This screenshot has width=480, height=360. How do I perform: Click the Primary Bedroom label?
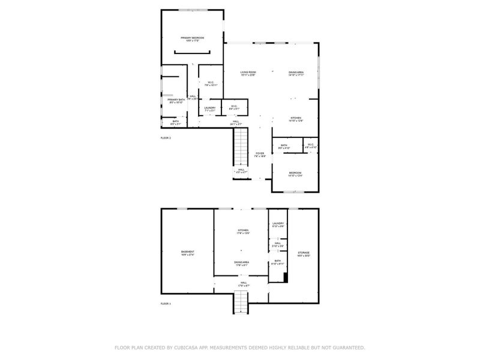tap(193, 39)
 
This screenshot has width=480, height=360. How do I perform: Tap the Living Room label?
tap(248, 73)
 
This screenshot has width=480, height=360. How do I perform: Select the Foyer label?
tap(260, 155)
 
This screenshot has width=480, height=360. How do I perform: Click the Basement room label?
tap(188, 253)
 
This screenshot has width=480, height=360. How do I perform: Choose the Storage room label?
tap(304, 254)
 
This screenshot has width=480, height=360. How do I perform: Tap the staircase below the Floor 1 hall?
tap(240, 304)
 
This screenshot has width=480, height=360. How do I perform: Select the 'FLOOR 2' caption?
tap(166, 138)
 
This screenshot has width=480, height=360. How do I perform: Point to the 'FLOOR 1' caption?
tap(166, 304)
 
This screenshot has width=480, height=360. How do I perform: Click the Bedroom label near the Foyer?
tap(295, 175)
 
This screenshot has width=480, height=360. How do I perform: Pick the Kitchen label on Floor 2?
tap(296, 119)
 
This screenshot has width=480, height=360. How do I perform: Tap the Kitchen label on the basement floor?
tap(243, 231)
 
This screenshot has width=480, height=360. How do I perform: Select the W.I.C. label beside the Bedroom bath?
tap(310, 146)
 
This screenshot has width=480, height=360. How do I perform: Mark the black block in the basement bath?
tap(286, 277)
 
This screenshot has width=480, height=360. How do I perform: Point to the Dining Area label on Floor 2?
tap(296, 73)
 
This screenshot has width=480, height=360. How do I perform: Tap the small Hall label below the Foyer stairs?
tap(241, 171)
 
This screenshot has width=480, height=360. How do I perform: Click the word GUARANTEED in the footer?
tap(347, 347)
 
